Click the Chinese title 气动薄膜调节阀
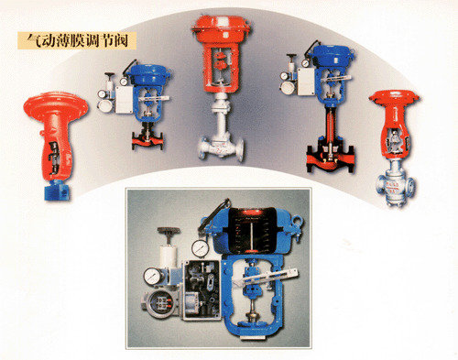77,40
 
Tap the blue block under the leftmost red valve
57,191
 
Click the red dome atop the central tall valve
221,27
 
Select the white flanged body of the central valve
221,146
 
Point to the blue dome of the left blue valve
148,75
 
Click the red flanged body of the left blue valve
147,141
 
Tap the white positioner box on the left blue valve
125,99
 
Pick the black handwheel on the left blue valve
109,74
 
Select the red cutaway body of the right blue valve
331,157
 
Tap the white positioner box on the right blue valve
306,82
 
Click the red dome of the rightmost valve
394,97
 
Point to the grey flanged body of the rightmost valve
395,186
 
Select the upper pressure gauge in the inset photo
199,248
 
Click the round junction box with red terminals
160,303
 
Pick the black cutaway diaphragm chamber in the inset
251,230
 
